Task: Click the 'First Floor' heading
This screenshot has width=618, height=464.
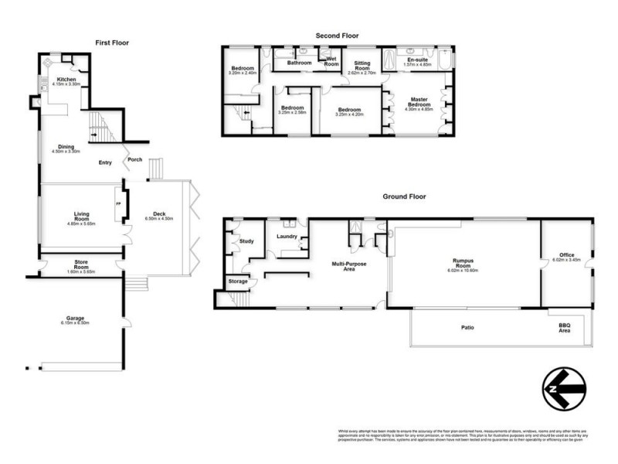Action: pyautogui.click(x=112, y=43)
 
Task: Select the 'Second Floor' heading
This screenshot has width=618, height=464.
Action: pyautogui.click(x=337, y=36)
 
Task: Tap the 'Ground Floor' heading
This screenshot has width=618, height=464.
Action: pyautogui.click(x=405, y=196)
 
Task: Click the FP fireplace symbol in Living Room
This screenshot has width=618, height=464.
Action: pyautogui.click(x=119, y=203)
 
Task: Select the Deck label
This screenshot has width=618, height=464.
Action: pyautogui.click(x=160, y=214)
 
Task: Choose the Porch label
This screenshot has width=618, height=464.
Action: pyautogui.click(x=134, y=160)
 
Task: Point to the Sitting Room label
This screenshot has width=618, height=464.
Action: pyautogui.click(x=362, y=67)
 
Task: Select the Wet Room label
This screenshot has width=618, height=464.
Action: pyautogui.click(x=332, y=60)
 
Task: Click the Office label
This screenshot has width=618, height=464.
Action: pyautogui.click(x=567, y=255)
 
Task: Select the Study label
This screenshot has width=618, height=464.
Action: pyautogui.click(x=246, y=241)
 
